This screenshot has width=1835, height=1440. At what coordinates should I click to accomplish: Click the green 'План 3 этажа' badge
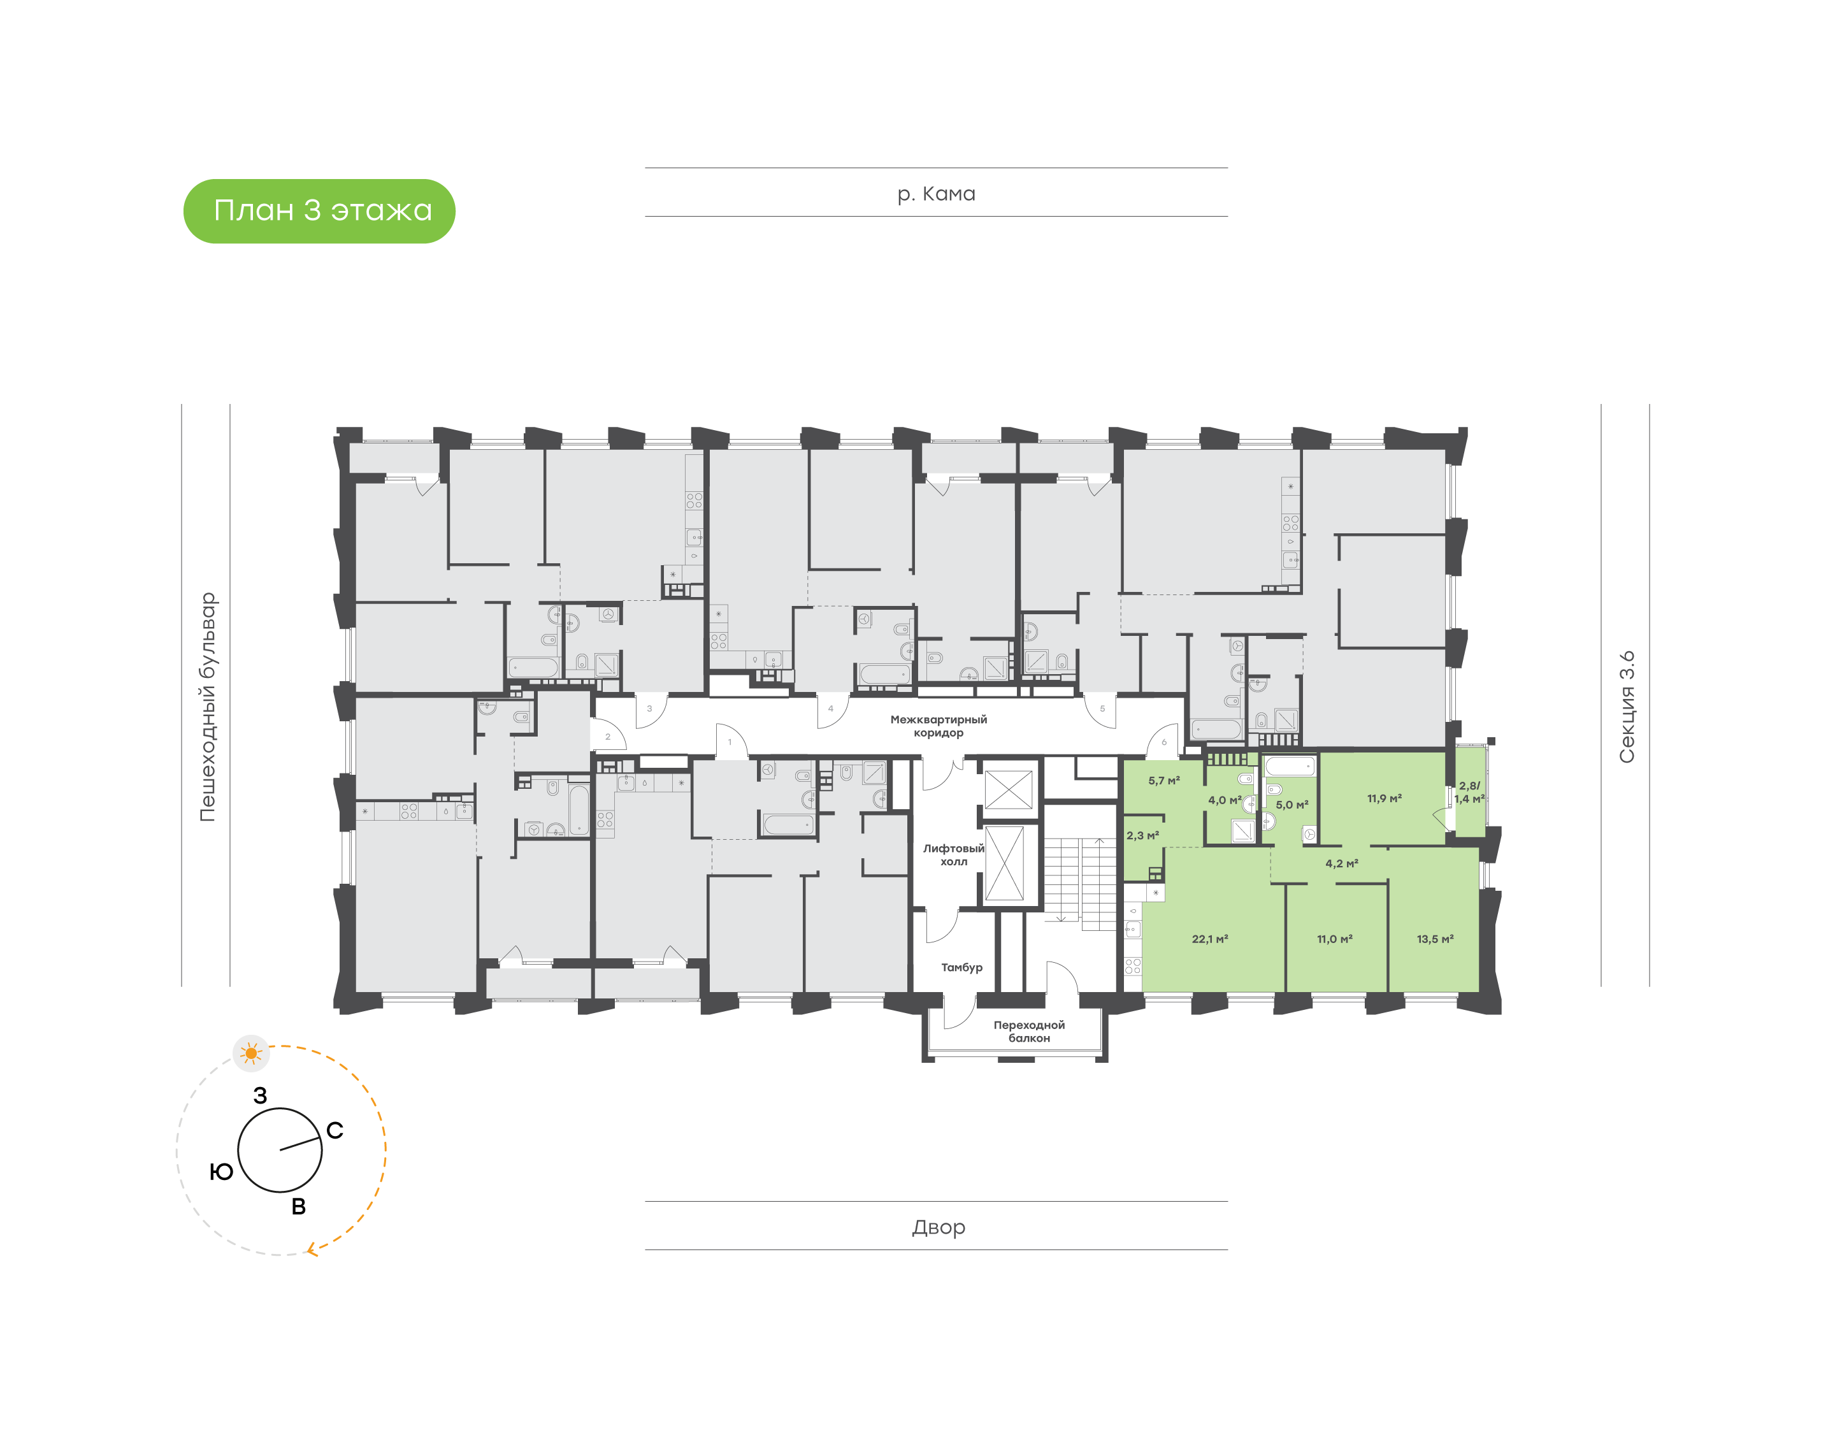319,211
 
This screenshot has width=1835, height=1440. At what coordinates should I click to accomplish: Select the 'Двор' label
938,1227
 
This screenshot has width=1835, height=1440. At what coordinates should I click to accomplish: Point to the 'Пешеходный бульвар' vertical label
207,707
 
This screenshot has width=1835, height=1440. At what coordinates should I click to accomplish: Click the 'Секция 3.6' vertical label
1626,707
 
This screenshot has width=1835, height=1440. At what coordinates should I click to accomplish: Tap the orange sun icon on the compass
251,1053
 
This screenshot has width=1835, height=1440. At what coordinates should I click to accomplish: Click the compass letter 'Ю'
222,1171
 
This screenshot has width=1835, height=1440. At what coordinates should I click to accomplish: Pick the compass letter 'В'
298,1206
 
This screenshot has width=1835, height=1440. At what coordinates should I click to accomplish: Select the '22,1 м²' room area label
1209,939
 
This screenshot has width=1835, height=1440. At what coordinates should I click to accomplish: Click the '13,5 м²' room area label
1435,939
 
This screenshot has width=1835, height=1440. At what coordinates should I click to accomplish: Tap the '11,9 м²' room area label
1384,798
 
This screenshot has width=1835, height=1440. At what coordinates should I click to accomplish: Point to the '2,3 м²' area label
1142,835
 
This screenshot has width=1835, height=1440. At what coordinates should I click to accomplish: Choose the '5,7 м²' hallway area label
1164,781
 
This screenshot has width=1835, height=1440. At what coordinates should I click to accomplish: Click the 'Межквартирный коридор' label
938,726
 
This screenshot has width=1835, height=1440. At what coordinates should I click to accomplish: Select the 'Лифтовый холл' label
953,855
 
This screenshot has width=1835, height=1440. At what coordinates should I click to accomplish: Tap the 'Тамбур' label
961,967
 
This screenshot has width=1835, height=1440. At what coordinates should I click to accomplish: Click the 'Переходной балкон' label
1028,1031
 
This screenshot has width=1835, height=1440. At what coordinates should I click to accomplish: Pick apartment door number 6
1164,742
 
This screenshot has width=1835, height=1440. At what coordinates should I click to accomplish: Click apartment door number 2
607,737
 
